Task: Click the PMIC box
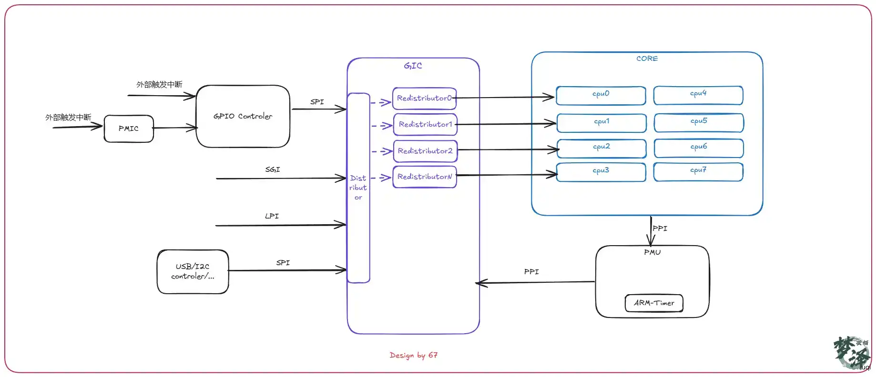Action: [x=129, y=129]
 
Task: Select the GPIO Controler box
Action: [x=243, y=116]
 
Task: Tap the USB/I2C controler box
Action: [x=193, y=271]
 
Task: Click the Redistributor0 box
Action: [x=424, y=99]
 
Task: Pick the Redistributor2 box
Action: [x=425, y=151]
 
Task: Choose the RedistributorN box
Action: [x=424, y=177]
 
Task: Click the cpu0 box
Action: [x=601, y=95]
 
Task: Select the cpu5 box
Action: [x=699, y=123]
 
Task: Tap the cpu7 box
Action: [x=698, y=172]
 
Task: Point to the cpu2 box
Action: [x=601, y=149]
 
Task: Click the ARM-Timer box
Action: [x=654, y=303]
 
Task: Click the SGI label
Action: [x=273, y=169]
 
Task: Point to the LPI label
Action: [x=272, y=216]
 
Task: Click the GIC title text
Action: [x=413, y=66]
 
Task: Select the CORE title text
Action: [x=647, y=59]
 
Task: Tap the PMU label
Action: [x=652, y=252]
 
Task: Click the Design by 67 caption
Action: [x=414, y=355]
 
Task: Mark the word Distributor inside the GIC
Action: [x=358, y=188]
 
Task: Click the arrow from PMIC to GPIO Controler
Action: [x=175, y=128]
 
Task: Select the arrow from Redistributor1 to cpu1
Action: [x=506, y=124]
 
